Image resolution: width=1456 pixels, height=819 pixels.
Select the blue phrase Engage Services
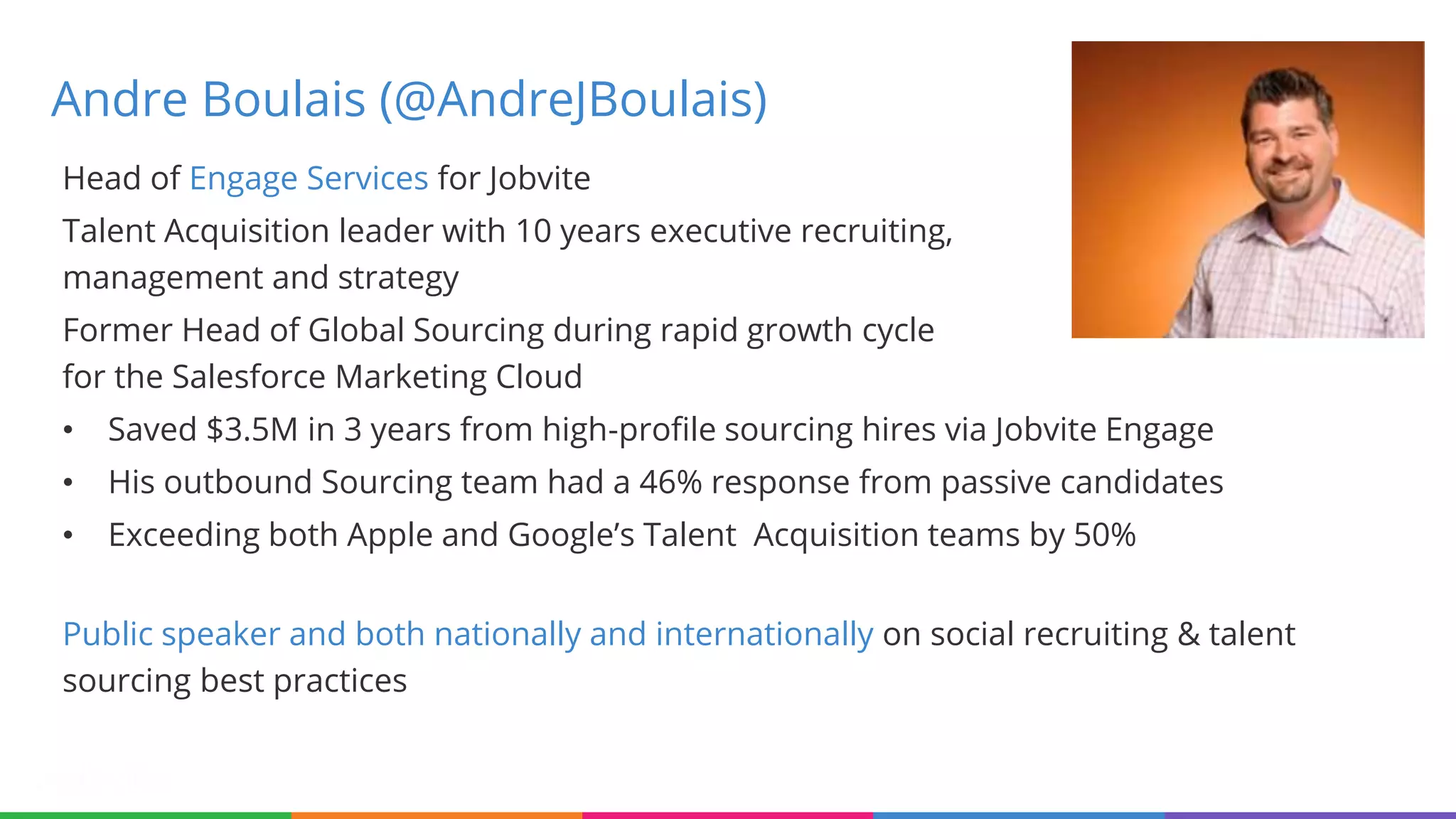pyautogui.click(x=309, y=178)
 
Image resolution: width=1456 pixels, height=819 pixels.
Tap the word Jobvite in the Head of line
pyautogui.click(x=539, y=178)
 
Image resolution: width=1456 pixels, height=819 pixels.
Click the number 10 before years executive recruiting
pyautogui.click(x=533, y=231)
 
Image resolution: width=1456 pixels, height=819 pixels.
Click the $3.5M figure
pyautogui.click(x=252, y=429)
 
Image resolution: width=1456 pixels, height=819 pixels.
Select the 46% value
pyautogui.click(x=670, y=482)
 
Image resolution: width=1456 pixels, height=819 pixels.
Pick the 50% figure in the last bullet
pyautogui.click(x=1104, y=535)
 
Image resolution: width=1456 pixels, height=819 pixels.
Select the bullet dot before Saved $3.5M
pyautogui.click(x=68, y=430)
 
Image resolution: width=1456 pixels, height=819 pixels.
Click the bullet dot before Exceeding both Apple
pyautogui.click(x=68, y=535)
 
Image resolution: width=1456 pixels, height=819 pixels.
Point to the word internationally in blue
pyautogui.click(x=764, y=634)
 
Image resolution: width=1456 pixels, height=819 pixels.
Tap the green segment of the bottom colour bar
pyautogui.click(x=145, y=815)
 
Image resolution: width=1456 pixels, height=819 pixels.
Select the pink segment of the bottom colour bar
pyautogui.click(x=727, y=815)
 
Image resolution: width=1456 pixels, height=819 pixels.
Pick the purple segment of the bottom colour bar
pyautogui.click(x=1310, y=815)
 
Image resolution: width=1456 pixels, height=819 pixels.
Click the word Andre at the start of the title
pyautogui.click(x=119, y=100)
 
